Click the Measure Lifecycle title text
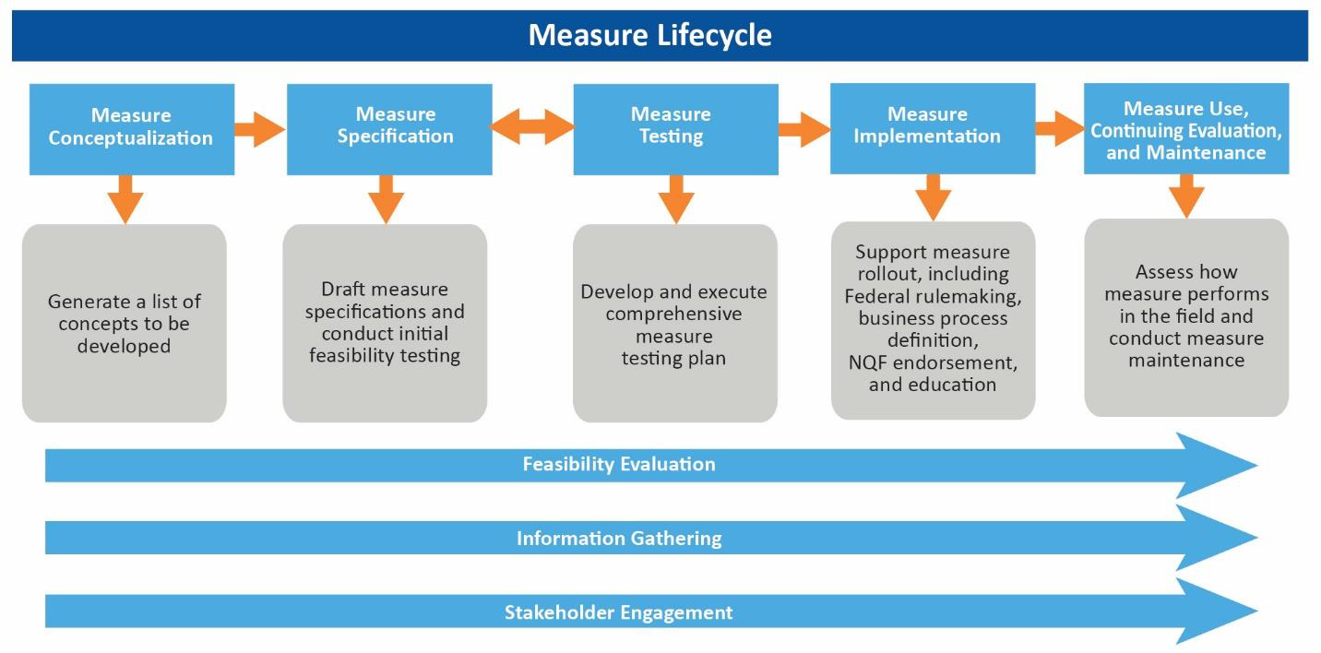pyautogui.click(x=649, y=35)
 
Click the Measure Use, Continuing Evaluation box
pyautogui.click(x=1185, y=129)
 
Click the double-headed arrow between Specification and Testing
pyautogui.click(x=532, y=127)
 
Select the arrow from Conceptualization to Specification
pyautogui.click(x=259, y=128)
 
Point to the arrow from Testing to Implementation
pyautogui.click(x=803, y=128)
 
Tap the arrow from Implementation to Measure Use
pyautogui.click(x=1059, y=128)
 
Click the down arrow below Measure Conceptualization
pyautogui.click(x=125, y=196)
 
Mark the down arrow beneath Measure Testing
pyautogui.click(x=675, y=196)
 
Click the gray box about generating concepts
pyautogui.click(x=125, y=323)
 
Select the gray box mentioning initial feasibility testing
pyautogui.click(x=385, y=323)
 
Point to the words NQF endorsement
pyautogui.click(x=933, y=362)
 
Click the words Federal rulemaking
pyautogui.click(x=932, y=296)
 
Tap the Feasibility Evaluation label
pyautogui.click(x=619, y=464)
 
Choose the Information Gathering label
pyautogui.click(x=619, y=538)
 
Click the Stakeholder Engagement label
pyautogui.click(x=619, y=611)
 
